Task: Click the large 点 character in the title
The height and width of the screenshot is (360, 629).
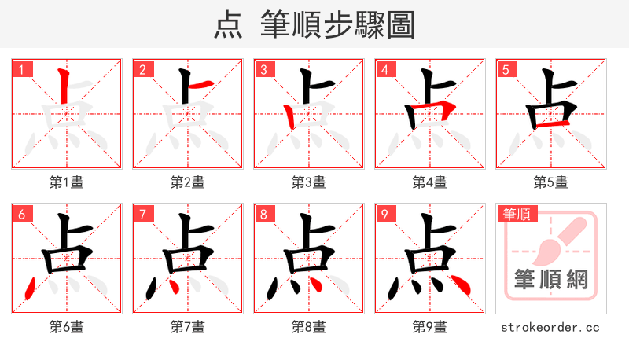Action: pyautogui.click(x=228, y=25)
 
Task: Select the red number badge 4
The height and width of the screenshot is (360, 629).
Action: pyautogui.click(x=385, y=70)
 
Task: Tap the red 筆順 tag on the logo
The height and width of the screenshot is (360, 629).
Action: pyautogui.click(x=516, y=214)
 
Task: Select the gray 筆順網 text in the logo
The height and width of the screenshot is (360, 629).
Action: pyautogui.click(x=551, y=280)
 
